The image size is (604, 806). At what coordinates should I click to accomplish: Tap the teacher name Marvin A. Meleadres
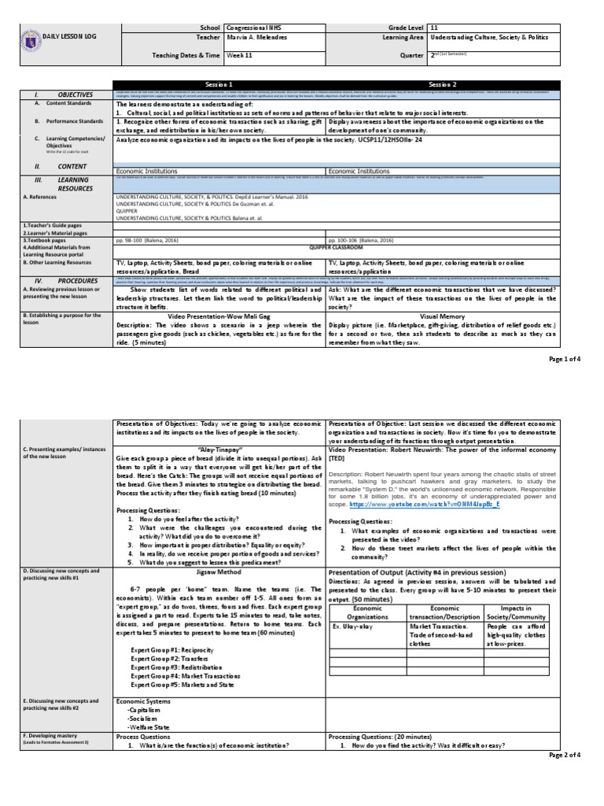(256, 37)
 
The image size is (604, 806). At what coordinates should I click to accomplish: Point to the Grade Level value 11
(434, 26)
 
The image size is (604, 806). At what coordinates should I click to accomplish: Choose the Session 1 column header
(219, 84)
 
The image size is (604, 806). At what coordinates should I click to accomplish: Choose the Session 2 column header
(441, 84)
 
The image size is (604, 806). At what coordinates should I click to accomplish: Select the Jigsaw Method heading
(219, 544)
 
